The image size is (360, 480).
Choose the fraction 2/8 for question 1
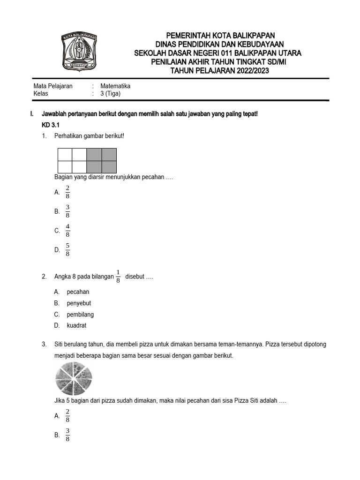click(67, 192)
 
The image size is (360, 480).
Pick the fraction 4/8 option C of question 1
click(67, 231)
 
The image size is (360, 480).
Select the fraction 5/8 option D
click(67, 250)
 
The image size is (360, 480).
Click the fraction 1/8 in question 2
click(118, 277)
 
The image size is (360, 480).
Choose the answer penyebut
click(79, 303)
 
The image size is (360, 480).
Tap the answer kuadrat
click(77, 326)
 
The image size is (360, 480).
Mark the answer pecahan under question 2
click(78, 292)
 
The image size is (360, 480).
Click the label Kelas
click(41, 93)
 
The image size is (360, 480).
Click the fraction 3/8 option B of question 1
click(67, 211)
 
